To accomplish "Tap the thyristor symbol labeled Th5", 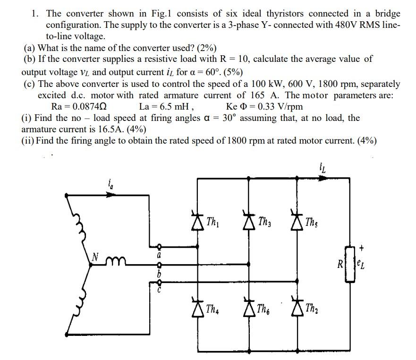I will click(297, 221).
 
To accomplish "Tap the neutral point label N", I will click(95, 257).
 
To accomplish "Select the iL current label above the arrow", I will click(323, 167).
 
